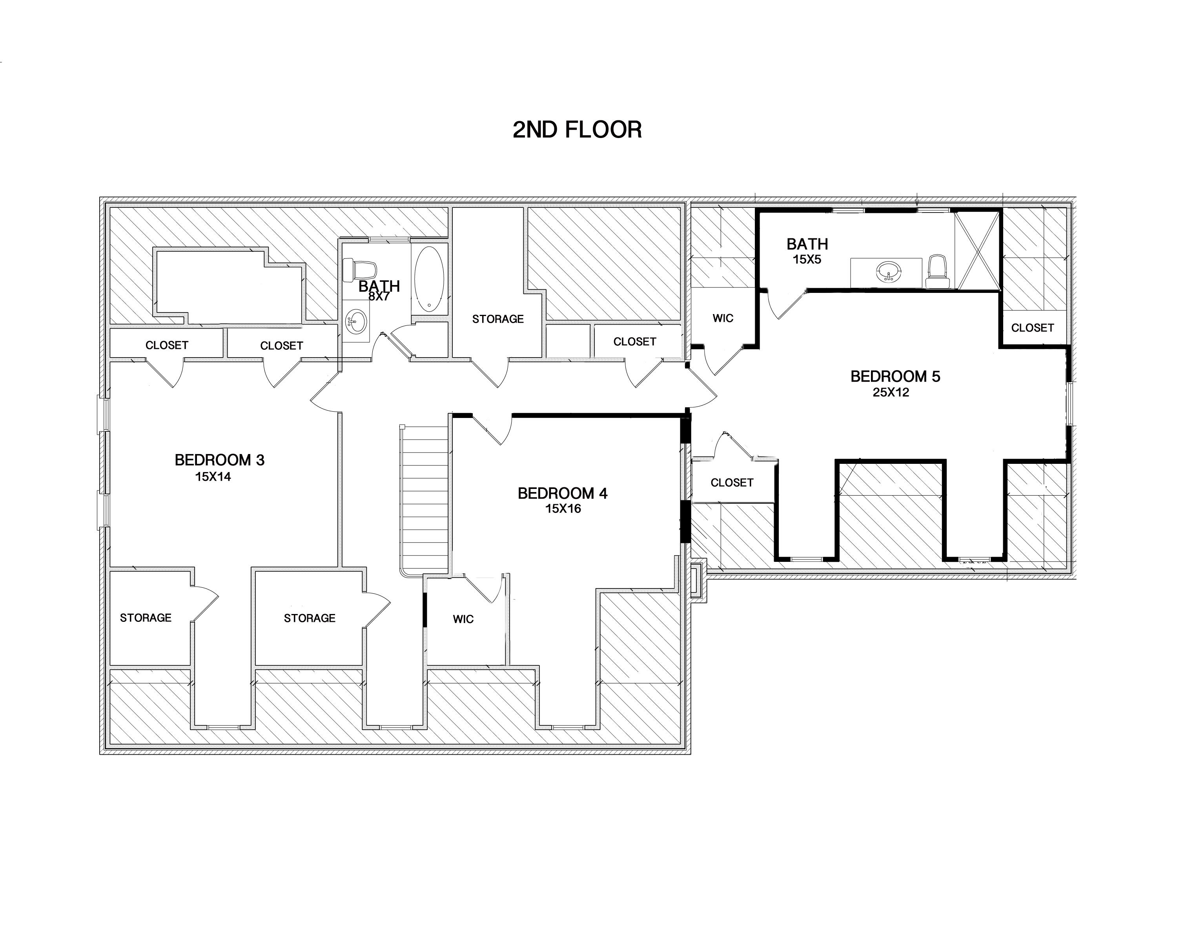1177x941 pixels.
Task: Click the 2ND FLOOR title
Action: pos(577,130)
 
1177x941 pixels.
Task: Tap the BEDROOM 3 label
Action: pos(219,460)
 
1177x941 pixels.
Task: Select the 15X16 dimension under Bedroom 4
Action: pos(563,509)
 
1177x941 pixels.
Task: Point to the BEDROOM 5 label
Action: pos(895,376)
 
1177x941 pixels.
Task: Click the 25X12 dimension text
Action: pos(891,392)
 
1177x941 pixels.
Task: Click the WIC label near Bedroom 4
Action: pos(463,619)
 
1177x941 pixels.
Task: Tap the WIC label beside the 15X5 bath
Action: pos(723,318)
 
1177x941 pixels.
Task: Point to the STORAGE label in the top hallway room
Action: pos(498,319)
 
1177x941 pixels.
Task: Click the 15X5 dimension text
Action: pos(807,260)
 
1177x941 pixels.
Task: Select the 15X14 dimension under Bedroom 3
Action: pos(213,477)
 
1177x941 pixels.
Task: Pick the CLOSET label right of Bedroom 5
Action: pos(1032,328)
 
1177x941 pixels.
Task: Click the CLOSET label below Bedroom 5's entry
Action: pos(732,483)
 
